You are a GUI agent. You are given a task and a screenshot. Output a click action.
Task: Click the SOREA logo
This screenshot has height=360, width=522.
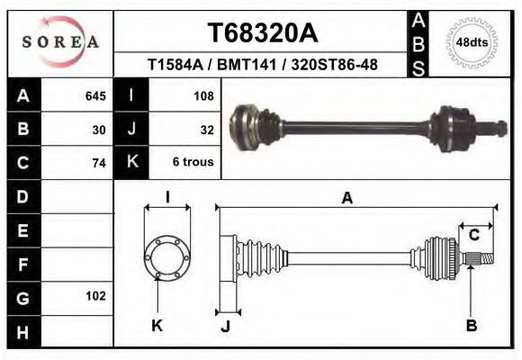click(60, 42)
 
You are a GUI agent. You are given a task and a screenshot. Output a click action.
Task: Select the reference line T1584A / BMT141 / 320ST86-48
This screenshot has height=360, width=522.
click(262, 65)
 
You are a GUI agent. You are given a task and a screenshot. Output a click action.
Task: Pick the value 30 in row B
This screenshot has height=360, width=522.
click(99, 129)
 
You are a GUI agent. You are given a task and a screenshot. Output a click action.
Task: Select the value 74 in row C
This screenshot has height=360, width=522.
click(99, 163)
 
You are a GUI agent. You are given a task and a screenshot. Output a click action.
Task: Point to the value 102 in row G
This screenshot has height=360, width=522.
click(95, 296)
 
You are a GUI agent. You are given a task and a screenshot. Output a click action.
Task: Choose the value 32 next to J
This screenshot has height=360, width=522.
click(206, 129)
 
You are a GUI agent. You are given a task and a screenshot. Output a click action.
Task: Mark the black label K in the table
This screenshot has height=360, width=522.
click(131, 163)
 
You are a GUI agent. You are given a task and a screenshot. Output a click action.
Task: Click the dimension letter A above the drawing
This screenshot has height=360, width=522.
click(347, 199)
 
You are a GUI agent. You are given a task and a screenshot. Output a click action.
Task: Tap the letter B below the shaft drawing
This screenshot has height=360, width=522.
click(471, 326)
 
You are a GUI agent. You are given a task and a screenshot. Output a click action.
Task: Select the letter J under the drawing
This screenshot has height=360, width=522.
click(225, 326)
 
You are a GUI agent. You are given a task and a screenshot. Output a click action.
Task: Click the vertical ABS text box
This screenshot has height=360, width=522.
click(419, 43)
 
